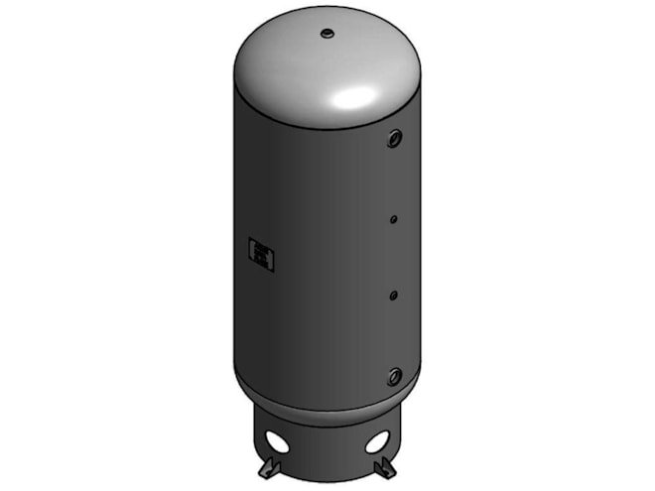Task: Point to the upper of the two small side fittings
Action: (x=394, y=218)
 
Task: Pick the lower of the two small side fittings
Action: (x=394, y=295)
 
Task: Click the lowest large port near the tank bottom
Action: (x=395, y=376)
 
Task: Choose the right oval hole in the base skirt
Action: (x=377, y=440)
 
